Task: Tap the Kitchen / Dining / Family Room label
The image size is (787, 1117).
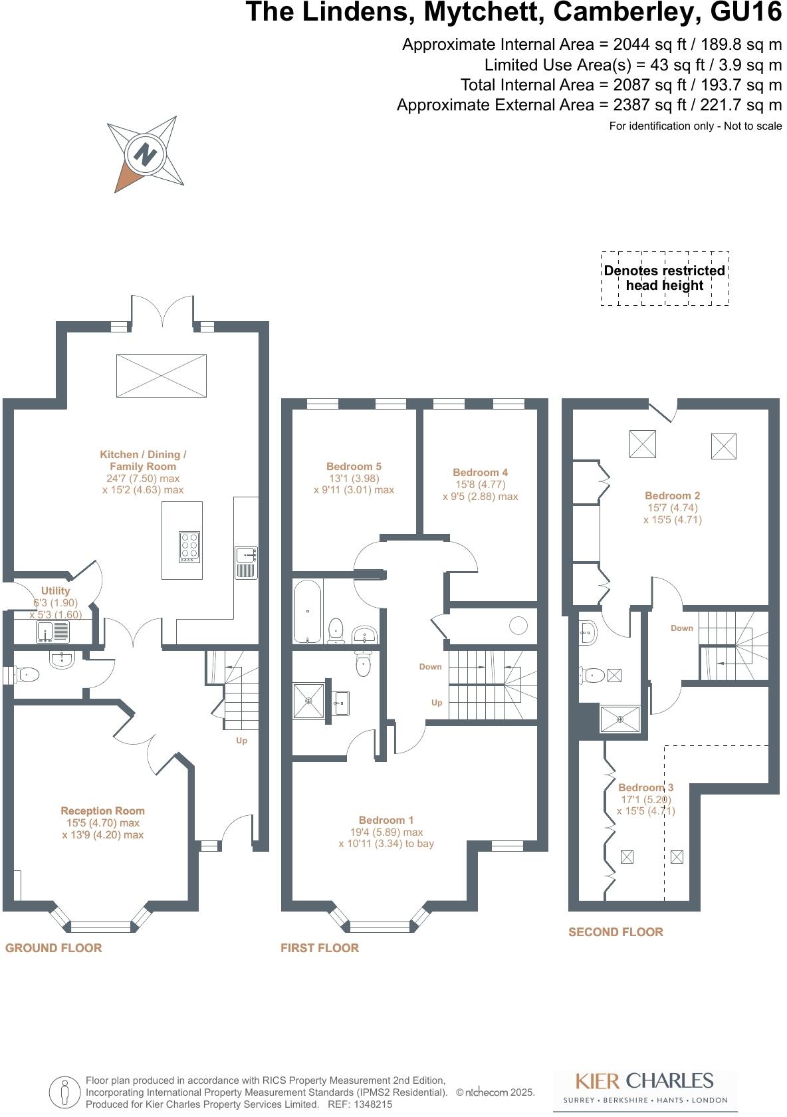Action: pyautogui.click(x=143, y=460)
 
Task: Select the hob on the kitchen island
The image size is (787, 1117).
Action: pyautogui.click(x=189, y=547)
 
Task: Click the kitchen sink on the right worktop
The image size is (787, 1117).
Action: pyautogui.click(x=246, y=562)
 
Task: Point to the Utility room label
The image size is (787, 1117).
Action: pyautogui.click(x=55, y=590)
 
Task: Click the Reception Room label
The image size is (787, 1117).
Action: pyautogui.click(x=102, y=810)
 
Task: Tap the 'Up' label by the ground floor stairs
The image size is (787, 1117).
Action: pyautogui.click(x=241, y=741)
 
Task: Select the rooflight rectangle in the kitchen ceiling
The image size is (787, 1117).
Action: pyautogui.click(x=162, y=376)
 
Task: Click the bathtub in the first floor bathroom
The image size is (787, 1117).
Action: pyautogui.click(x=307, y=611)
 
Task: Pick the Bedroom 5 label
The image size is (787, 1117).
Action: pyautogui.click(x=354, y=467)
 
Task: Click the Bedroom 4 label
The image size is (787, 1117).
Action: pyautogui.click(x=480, y=473)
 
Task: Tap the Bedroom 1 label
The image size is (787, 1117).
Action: pyautogui.click(x=386, y=820)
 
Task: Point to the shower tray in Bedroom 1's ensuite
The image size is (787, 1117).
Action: pyautogui.click(x=309, y=700)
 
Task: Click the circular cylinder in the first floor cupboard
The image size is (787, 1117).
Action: pyautogui.click(x=518, y=625)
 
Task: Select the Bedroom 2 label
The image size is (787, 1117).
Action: pyautogui.click(x=672, y=495)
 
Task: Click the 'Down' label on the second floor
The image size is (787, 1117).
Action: pyautogui.click(x=681, y=628)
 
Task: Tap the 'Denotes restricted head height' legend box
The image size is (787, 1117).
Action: pyautogui.click(x=665, y=278)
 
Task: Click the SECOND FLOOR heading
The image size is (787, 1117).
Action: pyautogui.click(x=616, y=932)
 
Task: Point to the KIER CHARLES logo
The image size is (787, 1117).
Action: pyautogui.click(x=643, y=1080)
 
